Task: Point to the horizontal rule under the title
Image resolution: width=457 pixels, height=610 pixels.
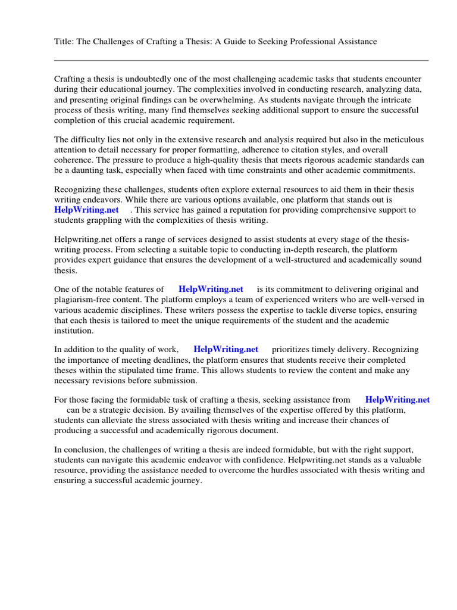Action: coord(241,60)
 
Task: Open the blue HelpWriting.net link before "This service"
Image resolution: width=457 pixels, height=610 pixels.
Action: coord(86,210)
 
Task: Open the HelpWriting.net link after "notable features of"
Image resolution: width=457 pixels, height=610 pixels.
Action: coord(211,289)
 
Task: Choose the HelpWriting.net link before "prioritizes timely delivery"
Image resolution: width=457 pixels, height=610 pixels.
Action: coord(226,350)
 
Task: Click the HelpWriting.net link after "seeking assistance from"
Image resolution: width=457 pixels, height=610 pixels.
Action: coord(397,400)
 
